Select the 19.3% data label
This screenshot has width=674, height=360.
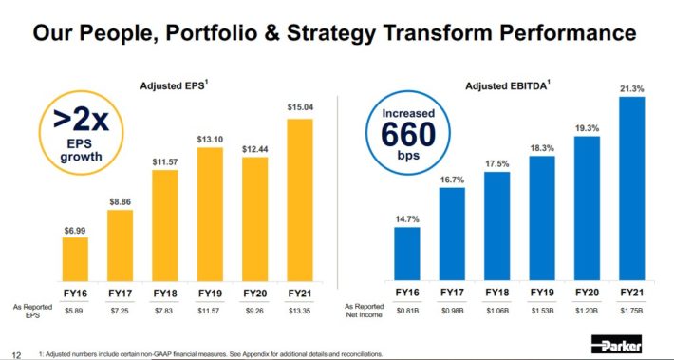pos(586,126)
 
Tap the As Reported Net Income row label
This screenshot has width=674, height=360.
pos(364,310)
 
